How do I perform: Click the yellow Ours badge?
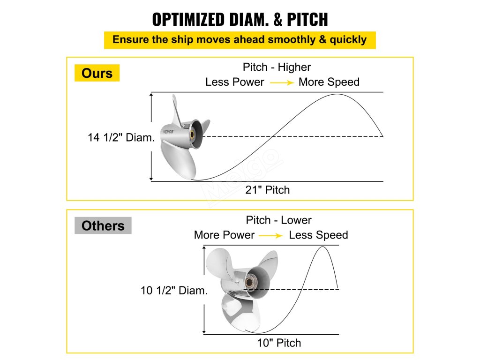click(x=97, y=73)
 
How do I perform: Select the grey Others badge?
click(x=103, y=226)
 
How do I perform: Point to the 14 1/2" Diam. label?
click(x=121, y=138)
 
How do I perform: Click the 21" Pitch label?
click(x=268, y=190)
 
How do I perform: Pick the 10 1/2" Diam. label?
click(x=174, y=291)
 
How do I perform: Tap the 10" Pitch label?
click(x=279, y=343)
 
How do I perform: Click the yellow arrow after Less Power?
click(x=281, y=82)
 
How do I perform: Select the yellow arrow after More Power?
click(x=271, y=235)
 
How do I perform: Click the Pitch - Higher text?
click(x=277, y=67)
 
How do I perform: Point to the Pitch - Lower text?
click(x=278, y=220)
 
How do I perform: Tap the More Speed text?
click(x=329, y=82)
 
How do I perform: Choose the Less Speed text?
click(x=318, y=235)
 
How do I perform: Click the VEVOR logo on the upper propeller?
click(x=168, y=132)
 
